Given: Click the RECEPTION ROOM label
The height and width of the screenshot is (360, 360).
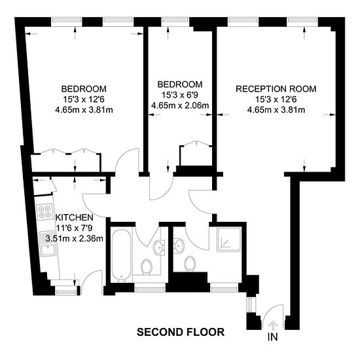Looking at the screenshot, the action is [276, 89].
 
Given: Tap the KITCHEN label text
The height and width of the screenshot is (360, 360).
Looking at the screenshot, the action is [75, 217].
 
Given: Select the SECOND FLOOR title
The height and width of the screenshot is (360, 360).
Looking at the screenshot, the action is [181, 332].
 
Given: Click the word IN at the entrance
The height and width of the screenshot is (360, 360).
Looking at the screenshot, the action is [272, 337].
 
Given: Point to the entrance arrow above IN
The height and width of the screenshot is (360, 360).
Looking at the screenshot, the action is [273, 325].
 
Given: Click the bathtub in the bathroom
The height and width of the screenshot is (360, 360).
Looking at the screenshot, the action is [121, 255].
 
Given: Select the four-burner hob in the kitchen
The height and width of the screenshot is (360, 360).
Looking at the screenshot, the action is [45, 211].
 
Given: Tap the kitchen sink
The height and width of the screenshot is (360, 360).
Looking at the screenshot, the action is [48, 243].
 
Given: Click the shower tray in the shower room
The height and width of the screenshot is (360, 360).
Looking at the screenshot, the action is [229, 239].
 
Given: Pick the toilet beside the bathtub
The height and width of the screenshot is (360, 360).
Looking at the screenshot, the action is [146, 267].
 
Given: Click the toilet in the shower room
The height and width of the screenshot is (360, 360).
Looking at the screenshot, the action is [190, 263].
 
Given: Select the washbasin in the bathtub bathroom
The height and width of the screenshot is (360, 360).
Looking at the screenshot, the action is [159, 247].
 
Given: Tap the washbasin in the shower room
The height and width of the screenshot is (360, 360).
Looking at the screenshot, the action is [179, 246].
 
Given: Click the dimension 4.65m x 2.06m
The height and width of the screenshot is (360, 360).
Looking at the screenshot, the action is [180, 105].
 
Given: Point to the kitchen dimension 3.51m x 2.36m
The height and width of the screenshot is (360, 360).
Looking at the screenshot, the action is [75, 238].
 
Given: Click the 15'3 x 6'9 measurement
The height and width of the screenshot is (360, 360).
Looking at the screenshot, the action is [180, 95].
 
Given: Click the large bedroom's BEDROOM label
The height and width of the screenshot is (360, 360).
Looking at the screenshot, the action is [84, 89].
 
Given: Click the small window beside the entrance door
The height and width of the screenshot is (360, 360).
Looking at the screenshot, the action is [250, 304].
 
